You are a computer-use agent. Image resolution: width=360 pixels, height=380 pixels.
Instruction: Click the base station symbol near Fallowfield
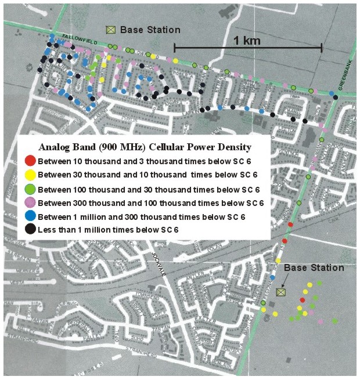pyautogui.click(x=110, y=30)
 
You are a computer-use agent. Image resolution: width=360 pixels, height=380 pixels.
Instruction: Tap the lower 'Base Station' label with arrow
pyautogui.click(x=314, y=268)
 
